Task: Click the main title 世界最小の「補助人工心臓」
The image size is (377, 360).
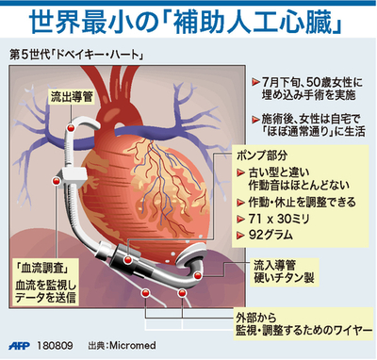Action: coord(188,18)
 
